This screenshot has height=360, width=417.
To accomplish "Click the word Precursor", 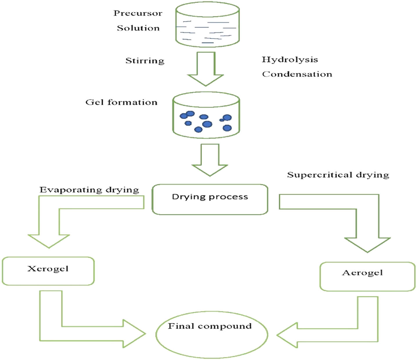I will (x=138, y=13).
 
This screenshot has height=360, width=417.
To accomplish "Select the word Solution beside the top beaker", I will (x=138, y=28).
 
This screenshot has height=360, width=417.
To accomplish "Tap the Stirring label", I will (x=145, y=61).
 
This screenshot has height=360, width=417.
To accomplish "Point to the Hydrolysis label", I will (x=290, y=60).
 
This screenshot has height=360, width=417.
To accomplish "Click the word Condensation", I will (x=297, y=74).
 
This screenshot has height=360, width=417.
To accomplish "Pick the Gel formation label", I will (x=121, y=102).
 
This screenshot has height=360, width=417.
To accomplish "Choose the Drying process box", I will (x=210, y=199).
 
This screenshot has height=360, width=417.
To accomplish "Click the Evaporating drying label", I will (x=89, y=190).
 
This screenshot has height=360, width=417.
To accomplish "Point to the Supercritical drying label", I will (x=338, y=175).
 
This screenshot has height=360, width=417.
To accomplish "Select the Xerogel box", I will (x=48, y=271).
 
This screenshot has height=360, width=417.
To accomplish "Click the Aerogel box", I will (x=367, y=276).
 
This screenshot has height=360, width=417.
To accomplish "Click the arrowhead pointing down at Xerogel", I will (x=49, y=241).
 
